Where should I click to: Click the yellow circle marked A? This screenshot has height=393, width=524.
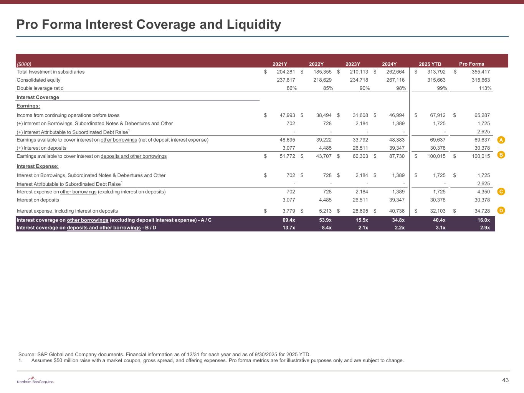click(501, 140)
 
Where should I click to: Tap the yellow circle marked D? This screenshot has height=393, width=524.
click(501, 210)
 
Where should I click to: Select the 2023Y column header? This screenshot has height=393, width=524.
click(353, 64)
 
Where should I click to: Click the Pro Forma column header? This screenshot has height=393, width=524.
click(471, 64)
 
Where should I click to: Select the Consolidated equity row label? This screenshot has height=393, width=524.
click(38, 80)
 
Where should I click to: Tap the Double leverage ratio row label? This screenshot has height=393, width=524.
click(40, 88)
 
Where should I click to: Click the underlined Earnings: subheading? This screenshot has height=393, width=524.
click(28, 106)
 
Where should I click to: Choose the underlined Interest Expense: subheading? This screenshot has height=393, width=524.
click(37, 166)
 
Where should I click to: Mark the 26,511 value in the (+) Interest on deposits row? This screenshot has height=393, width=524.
click(359, 148)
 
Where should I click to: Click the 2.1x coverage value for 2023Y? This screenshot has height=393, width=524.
click(363, 228)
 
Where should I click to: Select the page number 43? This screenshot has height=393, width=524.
click(505, 380)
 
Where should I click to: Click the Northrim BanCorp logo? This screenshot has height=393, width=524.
click(35, 381)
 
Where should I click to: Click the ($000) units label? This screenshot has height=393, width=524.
click(24, 64)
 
